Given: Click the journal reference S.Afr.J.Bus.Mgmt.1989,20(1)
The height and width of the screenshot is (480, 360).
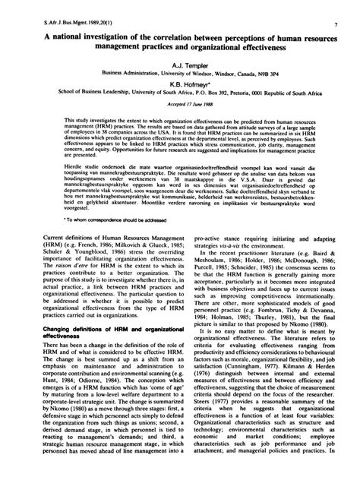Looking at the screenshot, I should [x=70, y=7].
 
